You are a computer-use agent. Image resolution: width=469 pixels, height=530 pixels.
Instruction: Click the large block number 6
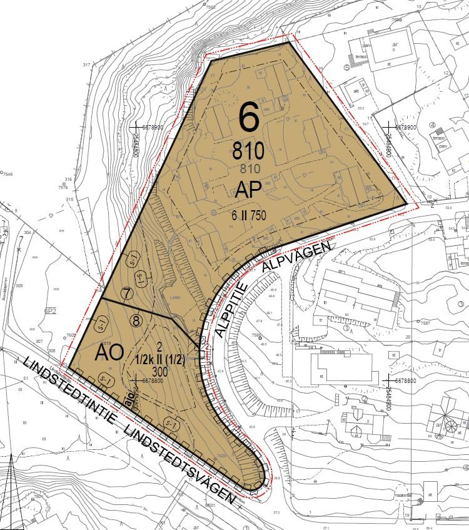(249, 117)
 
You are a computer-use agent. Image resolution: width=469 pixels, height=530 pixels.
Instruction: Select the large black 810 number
(248, 150)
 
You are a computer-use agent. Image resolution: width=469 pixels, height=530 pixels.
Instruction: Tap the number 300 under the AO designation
(159, 370)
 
